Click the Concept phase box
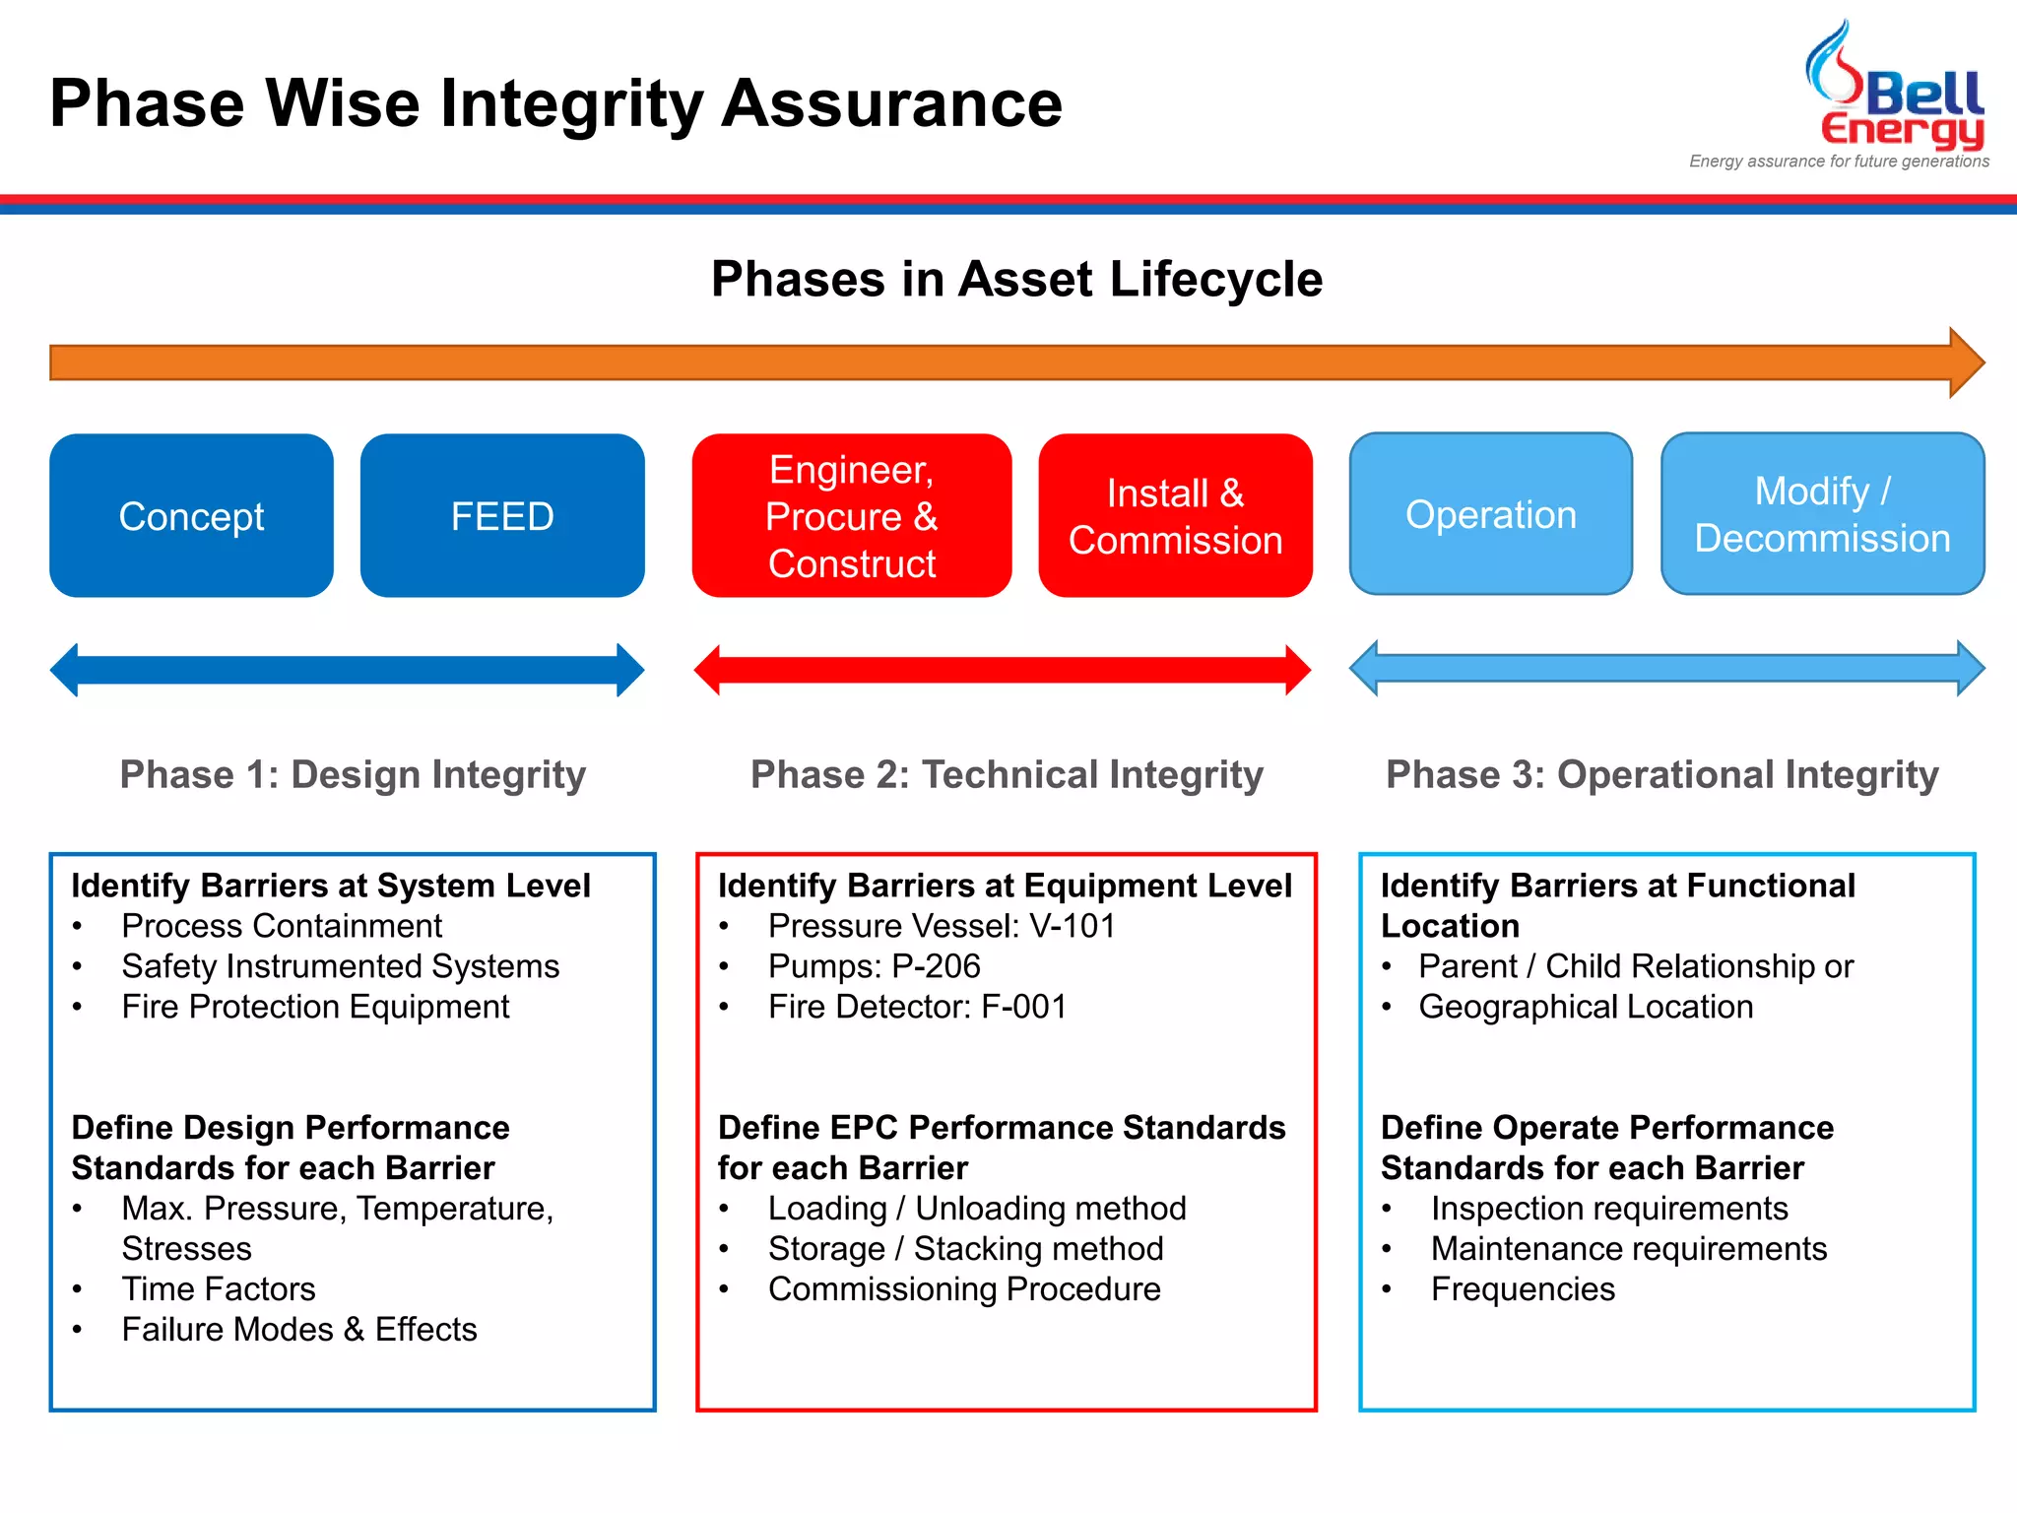(x=191, y=515)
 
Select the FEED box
(x=502, y=515)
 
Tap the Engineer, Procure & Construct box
(x=852, y=515)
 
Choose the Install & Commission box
(x=1175, y=515)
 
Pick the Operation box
(x=1490, y=514)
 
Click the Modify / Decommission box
(x=1822, y=514)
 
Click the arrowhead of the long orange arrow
(x=1965, y=362)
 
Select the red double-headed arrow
(x=1002, y=670)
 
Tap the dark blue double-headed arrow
(x=347, y=670)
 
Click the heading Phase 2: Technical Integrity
(x=1007, y=774)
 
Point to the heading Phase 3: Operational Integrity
(x=1661, y=774)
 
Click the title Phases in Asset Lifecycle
(x=1016, y=279)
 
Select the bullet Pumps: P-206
(x=874, y=966)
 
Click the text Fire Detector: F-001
(x=917, y=1007)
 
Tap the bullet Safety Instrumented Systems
(x=340, y=966)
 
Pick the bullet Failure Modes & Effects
(x=298, y=1329)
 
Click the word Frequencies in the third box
(x=1523, y=1288)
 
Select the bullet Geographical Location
(x=1586, y=1007)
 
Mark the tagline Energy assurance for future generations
(x=1839, y=162)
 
